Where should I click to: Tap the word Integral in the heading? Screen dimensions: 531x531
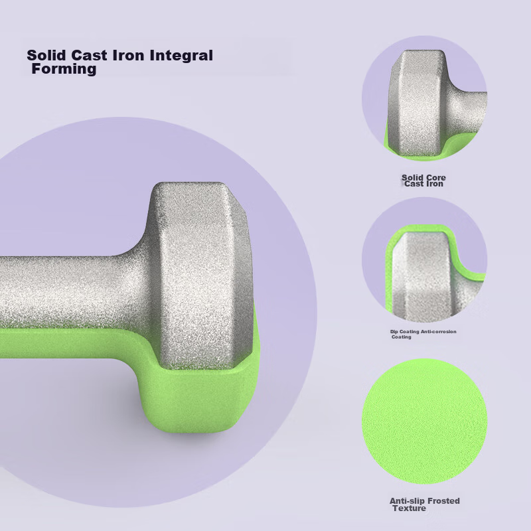181,56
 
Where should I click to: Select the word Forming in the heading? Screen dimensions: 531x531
64,69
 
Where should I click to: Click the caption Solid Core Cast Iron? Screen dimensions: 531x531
423,181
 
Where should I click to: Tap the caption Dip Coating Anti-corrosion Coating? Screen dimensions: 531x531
423,335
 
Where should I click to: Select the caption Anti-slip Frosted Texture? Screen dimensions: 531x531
425,504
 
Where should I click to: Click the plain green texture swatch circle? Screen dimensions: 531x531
425,421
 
